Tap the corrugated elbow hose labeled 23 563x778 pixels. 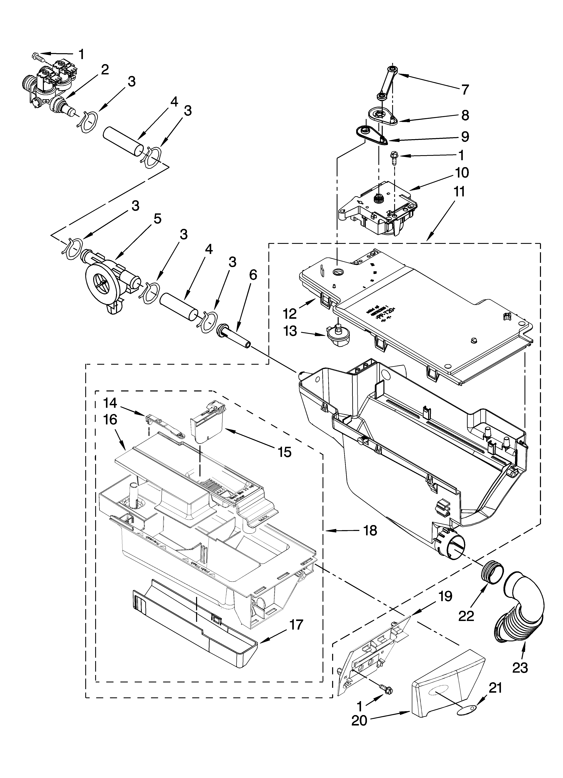[519, 607]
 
